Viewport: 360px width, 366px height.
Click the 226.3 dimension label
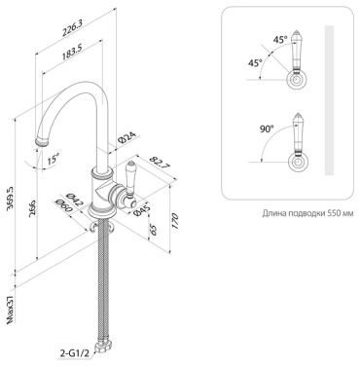73,27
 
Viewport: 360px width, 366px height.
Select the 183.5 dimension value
71,52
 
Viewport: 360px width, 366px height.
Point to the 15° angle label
53,160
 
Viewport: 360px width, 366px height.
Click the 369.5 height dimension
11,199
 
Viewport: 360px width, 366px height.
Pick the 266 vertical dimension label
32,208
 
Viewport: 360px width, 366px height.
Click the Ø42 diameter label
75,199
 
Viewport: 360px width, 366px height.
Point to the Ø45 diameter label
140,210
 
